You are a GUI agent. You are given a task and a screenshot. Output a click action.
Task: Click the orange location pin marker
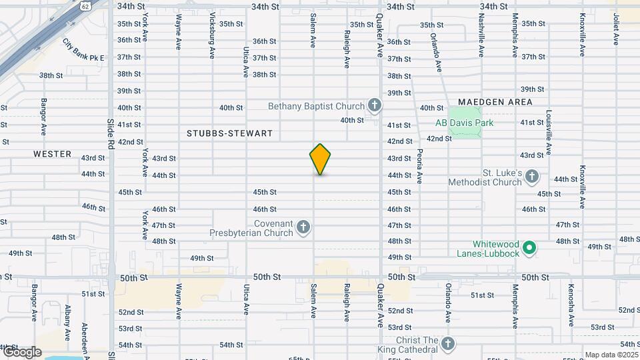point(321,159)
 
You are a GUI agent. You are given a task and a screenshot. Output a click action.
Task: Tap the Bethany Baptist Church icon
point(375,105)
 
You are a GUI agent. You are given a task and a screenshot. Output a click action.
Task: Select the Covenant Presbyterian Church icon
point(303,228)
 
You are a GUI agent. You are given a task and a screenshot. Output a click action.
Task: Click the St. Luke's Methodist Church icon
point(531,177)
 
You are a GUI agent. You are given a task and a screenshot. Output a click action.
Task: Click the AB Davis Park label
point(464,123)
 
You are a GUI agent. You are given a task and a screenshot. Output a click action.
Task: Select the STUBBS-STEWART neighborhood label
point(229,133)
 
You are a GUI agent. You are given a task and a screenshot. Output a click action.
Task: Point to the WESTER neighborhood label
point(52,154)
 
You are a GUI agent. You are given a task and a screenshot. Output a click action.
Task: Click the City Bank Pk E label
point(83,50)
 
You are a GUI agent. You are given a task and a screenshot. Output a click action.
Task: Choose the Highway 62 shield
point(84,5)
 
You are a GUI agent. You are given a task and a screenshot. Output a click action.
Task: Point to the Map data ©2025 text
point(609,355)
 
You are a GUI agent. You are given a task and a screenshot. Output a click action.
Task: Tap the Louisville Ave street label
point(549,132)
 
